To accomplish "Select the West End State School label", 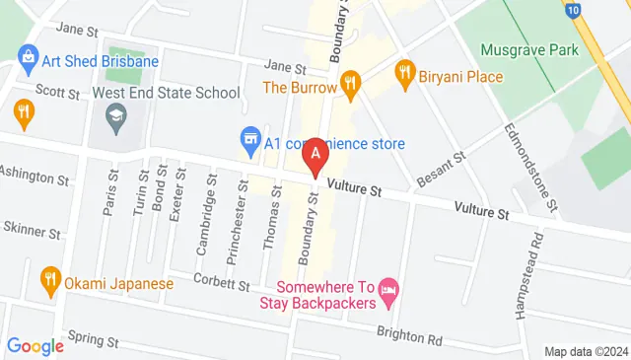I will (x=166, y=93).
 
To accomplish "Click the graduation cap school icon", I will (x=115, y=117).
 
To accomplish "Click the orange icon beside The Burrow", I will (x=348, y=81).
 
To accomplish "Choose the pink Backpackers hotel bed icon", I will (x=388, y=288).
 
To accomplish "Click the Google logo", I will (x=35, y=346).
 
